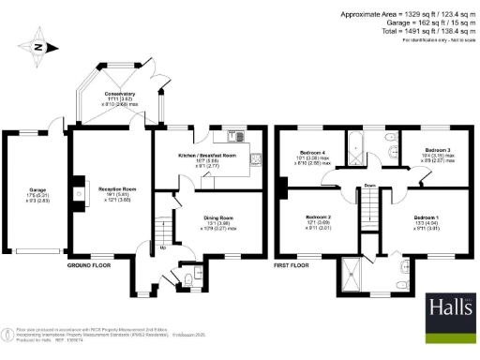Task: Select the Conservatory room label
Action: (x=119, y=94)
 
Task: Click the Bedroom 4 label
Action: (x=312, y=151)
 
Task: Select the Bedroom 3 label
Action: (x=436, y=150)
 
